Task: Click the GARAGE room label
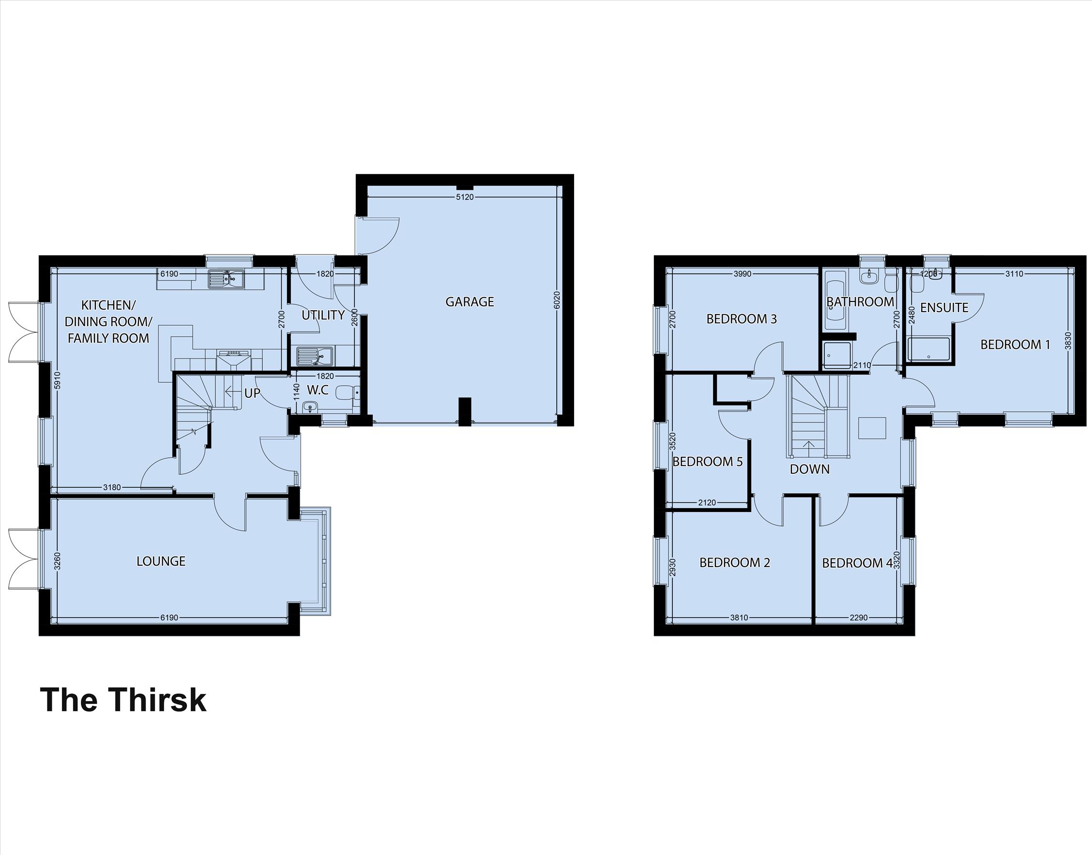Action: (x=470, y=302)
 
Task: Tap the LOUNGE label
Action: (x=161, y=561)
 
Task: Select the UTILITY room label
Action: (x=323, y=315)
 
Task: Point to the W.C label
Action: (x=318, y=390)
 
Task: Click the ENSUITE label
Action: (x=944, y=307)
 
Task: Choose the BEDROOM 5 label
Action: (x=708, y=461)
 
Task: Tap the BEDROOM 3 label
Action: (x=742, y=319)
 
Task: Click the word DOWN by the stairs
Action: (x=810, y=469)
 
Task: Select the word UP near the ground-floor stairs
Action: (x=252, y=393)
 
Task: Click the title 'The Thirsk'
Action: (x=123, y=700)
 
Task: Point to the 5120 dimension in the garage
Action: (x=465, y=197)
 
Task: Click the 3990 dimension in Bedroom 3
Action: (x=742, y=274)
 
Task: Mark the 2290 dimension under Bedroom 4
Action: (x=858, y=618)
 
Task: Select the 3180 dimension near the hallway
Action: (x=112, y=488)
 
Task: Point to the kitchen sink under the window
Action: (x=226, y=279)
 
